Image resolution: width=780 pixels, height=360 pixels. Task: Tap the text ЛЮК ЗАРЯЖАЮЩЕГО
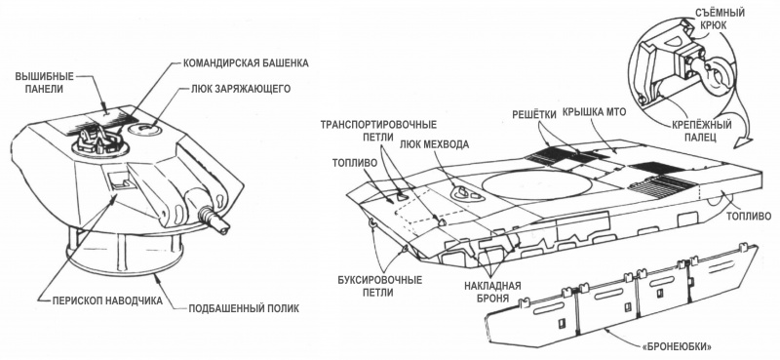click(x=241, y=90)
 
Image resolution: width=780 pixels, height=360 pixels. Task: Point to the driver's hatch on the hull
click(x=462, y=195)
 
